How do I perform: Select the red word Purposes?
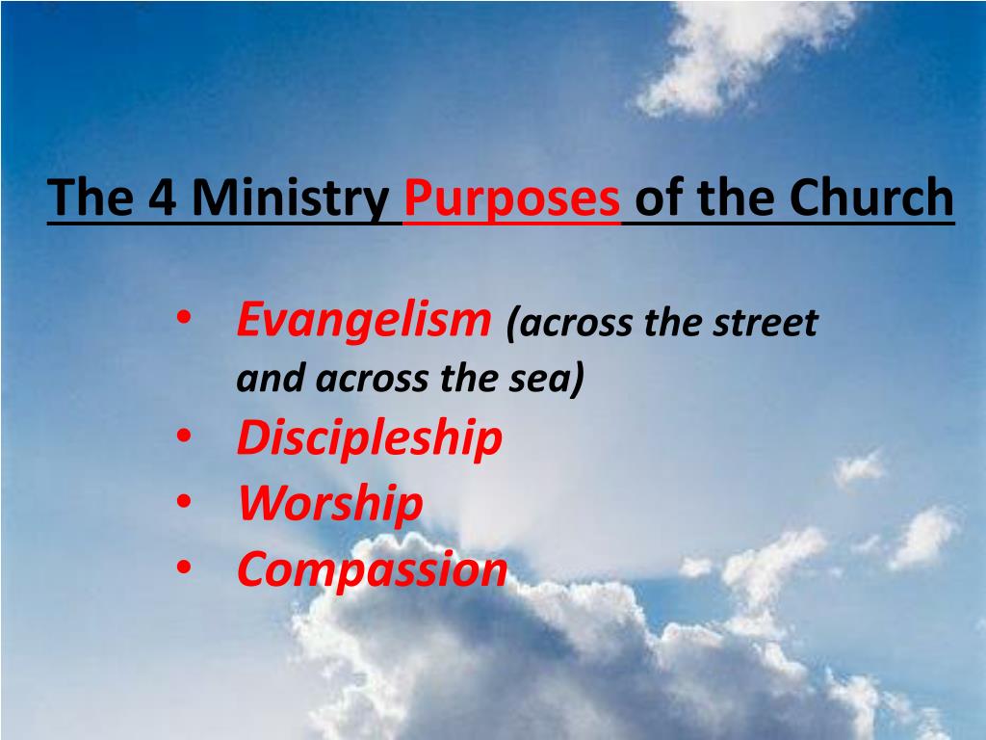tap(511, 198)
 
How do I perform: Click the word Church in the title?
tap(872, 198)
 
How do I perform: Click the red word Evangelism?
tap(364, 320)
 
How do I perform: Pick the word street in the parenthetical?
tap(765, 323)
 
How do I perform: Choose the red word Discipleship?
tap(370, 438)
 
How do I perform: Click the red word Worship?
tap(330, 504)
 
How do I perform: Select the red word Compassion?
tap(372, 568)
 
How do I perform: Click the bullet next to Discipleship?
tap(183, 438)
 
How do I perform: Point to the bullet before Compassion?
tap(183, 568)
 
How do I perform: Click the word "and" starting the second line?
tap(263, 379)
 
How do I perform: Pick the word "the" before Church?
tap(731, 198)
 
